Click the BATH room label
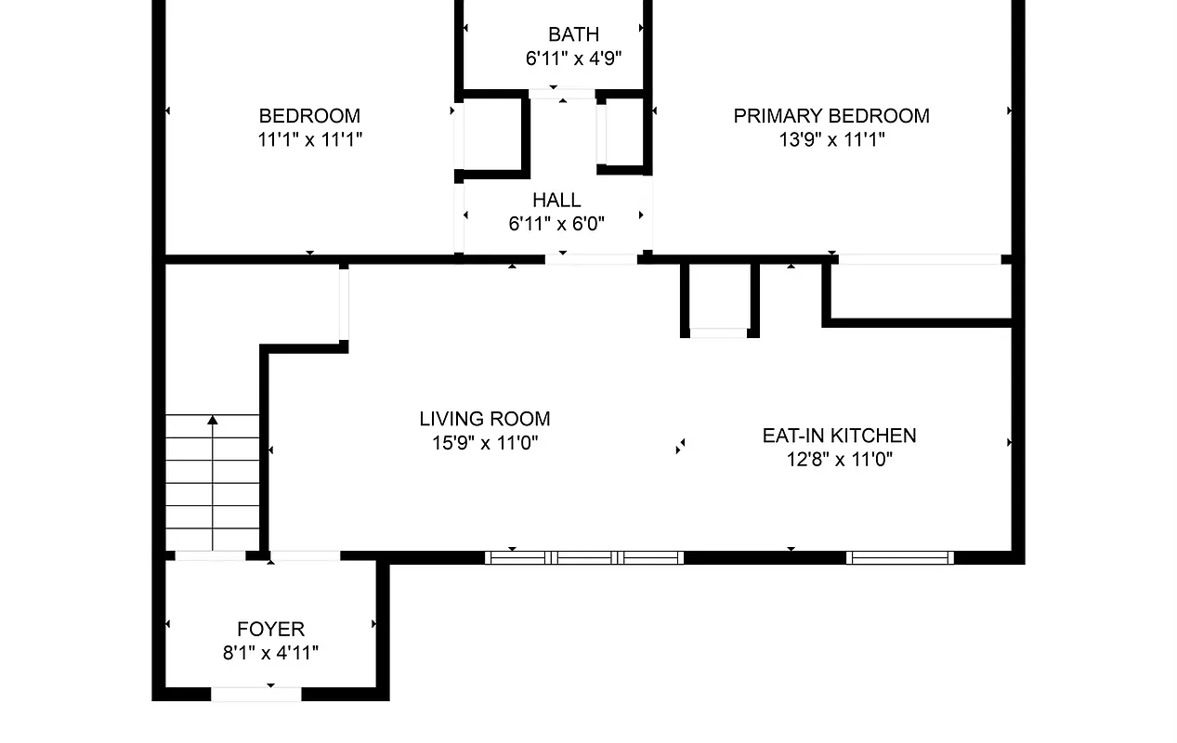573,35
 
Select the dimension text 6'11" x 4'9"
573,59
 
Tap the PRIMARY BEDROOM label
831,116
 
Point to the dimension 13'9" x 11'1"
831,140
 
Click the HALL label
556,200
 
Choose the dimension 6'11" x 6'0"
556,224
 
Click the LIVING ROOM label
485,419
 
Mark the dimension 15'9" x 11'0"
485,443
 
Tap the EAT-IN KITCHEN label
839,436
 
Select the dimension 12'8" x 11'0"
839,459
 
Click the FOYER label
270,629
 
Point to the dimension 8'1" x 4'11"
270,653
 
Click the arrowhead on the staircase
213,421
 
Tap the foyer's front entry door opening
256,693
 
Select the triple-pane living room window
584,557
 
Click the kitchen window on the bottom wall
900,557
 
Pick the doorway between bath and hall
562,94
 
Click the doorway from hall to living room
591,259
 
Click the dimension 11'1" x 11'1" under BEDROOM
309,140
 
